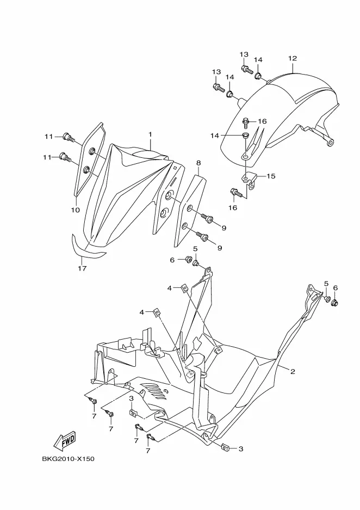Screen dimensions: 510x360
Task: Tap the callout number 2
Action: tap(292, 372)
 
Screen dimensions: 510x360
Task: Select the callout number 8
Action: tap(198, 163)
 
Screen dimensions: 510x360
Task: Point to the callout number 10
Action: tap(75, 210)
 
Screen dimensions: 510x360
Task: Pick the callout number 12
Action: tap(293, 58)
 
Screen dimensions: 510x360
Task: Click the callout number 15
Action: tap(271, 176)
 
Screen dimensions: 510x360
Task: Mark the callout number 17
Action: tap(82, 268)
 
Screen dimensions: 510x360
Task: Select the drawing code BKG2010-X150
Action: tap(68, 459)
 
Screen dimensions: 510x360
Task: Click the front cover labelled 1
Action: tap(125, 191)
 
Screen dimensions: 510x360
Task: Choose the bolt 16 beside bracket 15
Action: tap(235, 192)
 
